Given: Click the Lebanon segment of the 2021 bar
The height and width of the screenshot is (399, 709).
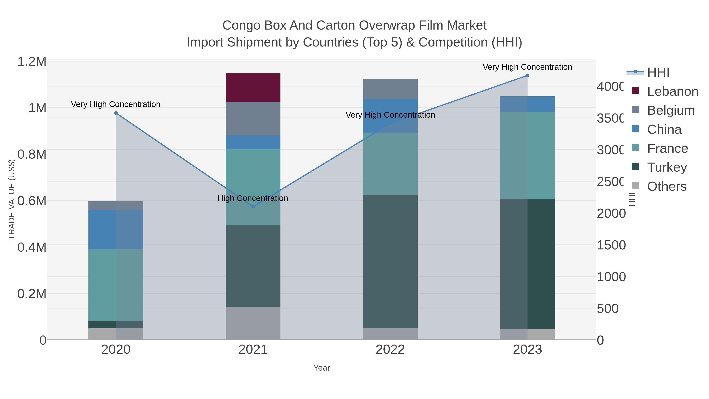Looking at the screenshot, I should pos(253,87).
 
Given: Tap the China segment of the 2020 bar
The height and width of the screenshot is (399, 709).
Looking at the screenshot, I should pos(116,229).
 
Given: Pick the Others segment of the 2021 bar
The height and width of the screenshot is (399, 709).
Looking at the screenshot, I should pos(253,323).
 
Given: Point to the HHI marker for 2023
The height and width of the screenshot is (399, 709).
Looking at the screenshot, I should pos(527,75).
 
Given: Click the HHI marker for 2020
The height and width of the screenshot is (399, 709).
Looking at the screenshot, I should pos(116,113).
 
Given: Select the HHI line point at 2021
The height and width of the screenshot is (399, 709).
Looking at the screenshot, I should pos(253,206).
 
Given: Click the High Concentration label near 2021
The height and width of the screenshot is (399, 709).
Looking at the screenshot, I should pos(253,198).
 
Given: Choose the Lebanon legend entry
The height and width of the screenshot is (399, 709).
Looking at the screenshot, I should pos(672,91).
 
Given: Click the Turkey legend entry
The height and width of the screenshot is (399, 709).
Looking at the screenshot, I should pos(667,167).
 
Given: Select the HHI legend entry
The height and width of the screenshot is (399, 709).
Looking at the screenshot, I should pos(658,73).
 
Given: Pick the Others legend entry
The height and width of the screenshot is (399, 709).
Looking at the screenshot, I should pos(667,186).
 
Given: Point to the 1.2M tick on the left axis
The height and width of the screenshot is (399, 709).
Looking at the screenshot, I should pos(32,62).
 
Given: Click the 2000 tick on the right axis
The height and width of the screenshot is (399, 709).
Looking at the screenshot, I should pos(611,213).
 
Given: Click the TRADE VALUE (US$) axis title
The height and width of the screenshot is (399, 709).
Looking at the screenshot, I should pos(12,199).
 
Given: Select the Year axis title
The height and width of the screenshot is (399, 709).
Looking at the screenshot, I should pos(321,368).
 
